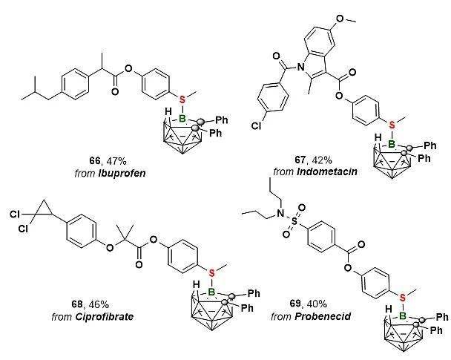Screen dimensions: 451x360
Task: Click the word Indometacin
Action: pos(326,171)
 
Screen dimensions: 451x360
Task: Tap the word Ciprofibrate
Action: pos(105,317)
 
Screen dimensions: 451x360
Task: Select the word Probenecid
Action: pos(323,316)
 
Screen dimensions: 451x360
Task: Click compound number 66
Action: pos(94,160)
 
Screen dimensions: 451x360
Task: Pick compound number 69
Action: pos(295,304)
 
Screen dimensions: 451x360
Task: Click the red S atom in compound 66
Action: pos(182,100)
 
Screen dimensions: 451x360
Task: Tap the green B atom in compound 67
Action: pos(392,143)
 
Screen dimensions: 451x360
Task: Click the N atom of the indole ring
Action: pos(301,67)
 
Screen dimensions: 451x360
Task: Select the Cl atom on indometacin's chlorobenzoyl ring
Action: pos(256,125)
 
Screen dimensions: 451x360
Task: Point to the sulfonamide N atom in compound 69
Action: pos(280,213)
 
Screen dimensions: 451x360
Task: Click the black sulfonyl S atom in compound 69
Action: pos(294,221)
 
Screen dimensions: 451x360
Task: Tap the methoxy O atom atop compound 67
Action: pos(340,18)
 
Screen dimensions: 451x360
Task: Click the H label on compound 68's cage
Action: pos(196,285)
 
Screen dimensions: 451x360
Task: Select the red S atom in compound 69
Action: pos(403,298)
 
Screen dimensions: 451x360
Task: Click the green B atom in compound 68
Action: pos(211,292)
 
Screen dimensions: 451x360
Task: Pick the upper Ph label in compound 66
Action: pos(222,120)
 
